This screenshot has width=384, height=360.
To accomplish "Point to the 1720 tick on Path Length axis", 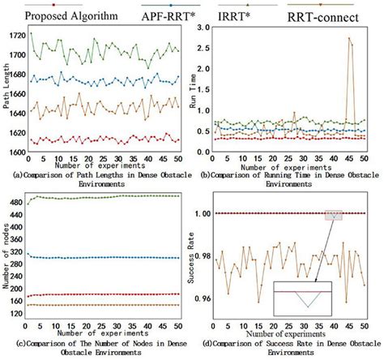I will [x=16, y=36].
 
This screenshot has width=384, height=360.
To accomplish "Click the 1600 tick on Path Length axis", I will [x=16, y=152].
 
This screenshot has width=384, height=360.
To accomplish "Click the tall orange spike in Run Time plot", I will [x=349, y=39].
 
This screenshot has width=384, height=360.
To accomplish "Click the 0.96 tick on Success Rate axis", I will [x=206, y=298].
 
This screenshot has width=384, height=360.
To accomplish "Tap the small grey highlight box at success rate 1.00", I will [x=334, y=215].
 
